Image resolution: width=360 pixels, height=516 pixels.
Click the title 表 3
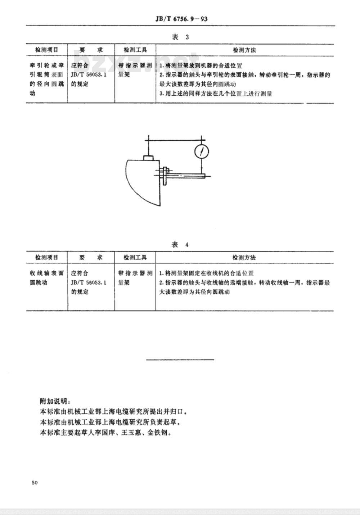tap(180, 37)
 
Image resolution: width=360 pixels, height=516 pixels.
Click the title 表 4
tap(180, 245)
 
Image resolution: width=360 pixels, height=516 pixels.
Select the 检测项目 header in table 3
tap(46, 50)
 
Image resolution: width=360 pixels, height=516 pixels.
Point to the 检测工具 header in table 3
tap(135, 50)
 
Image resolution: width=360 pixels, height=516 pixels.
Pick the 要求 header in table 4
tap(91, 258)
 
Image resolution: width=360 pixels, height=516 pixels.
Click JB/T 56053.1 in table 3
tap(89, 75)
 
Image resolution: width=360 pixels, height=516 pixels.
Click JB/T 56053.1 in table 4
tap(89, 282)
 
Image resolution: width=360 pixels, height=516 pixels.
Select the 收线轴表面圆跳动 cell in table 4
tap(46, 278)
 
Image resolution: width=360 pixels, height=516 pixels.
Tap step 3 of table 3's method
tap(216, 94)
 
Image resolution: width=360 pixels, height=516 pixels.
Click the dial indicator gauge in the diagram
tap(202, 151)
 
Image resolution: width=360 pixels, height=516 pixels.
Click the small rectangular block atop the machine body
tap(149, 158)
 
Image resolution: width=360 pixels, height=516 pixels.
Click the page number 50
tap(35, 483)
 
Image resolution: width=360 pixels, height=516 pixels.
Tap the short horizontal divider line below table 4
tap(180, 359)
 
